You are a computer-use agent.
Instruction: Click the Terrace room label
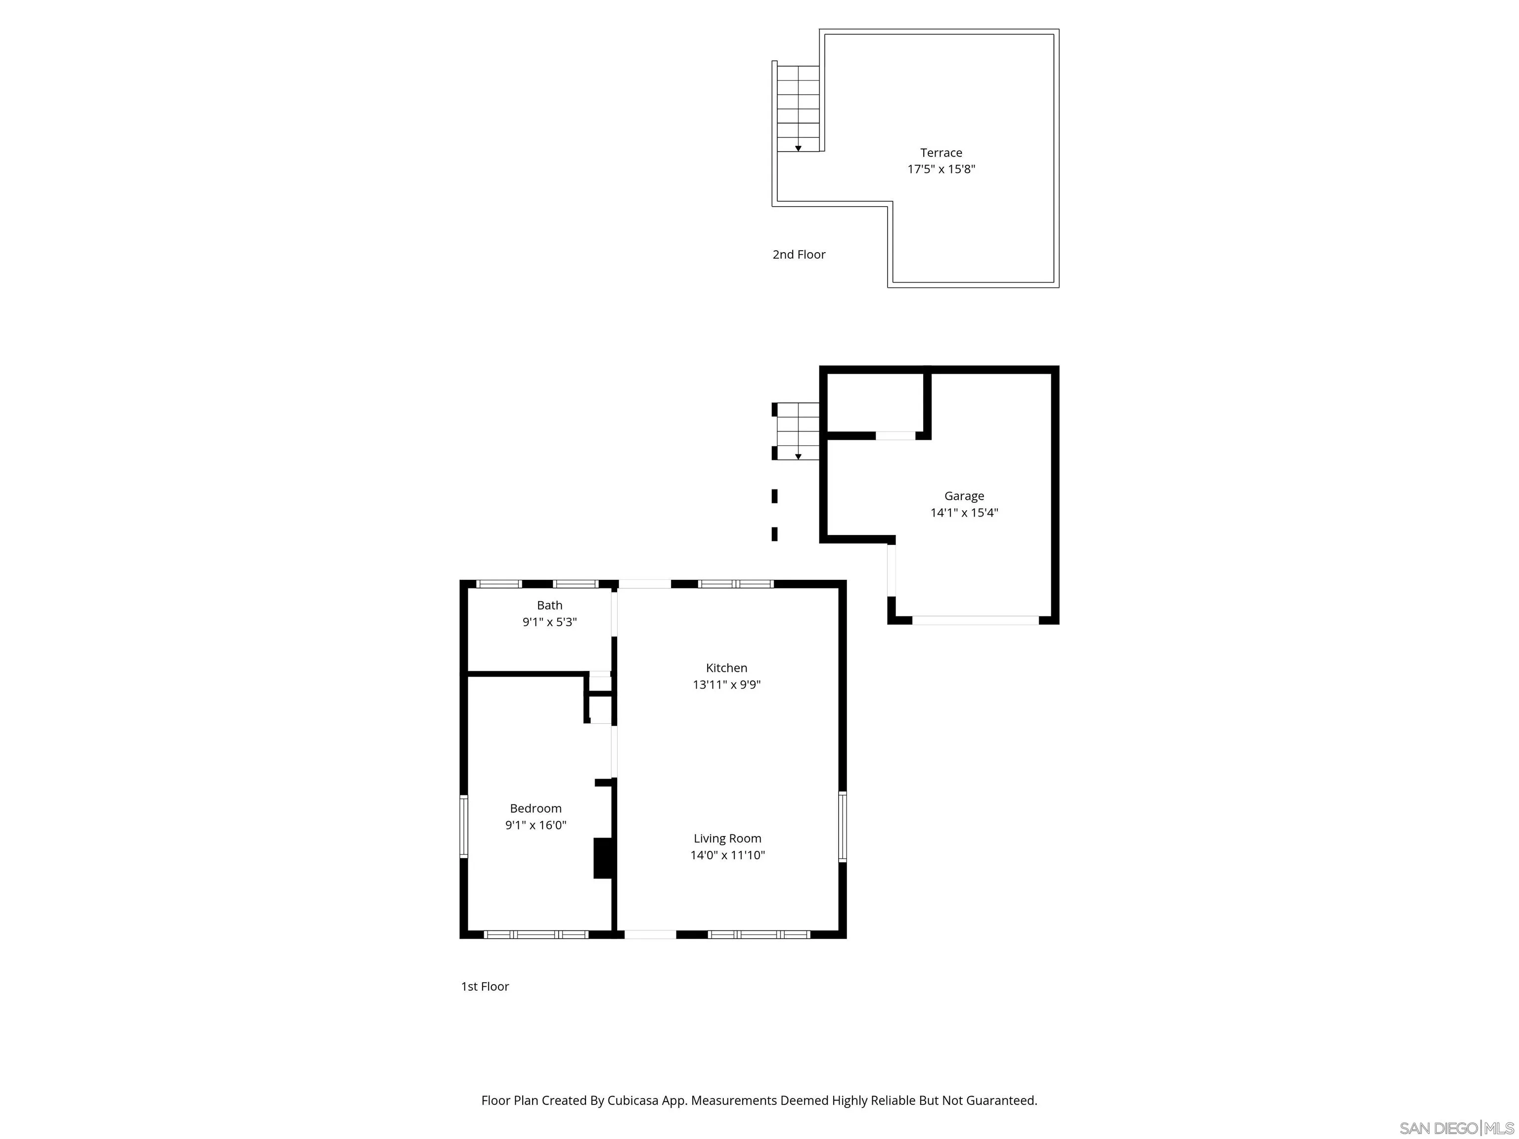[x=941, y=152]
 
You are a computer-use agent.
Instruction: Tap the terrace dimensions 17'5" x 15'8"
[x=941, y=169]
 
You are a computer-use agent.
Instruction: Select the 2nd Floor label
[x=799, y=254]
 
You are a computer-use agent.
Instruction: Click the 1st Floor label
[x=485, y=986]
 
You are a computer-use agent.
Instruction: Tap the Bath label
[x=549, y=605]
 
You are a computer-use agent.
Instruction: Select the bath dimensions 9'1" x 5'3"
[x=549, y=622]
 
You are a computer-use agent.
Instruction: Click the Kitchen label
[x=726, y=667]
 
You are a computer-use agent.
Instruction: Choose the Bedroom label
[x=536, y=808]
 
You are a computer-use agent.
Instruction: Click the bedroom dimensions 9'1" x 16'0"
[x=536, y=825]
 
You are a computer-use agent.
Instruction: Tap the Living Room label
[x=727, y=838]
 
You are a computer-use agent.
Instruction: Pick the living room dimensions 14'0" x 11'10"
[x=727, y=855]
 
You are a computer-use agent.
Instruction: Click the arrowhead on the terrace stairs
[x=798, y=148]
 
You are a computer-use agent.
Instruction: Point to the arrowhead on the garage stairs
[x=798, y=457]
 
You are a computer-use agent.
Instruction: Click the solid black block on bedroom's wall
[x=602, y=858]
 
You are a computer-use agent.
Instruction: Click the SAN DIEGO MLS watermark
[x=1456, y=1128]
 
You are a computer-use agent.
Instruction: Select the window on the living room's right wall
[x=843, y=826]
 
